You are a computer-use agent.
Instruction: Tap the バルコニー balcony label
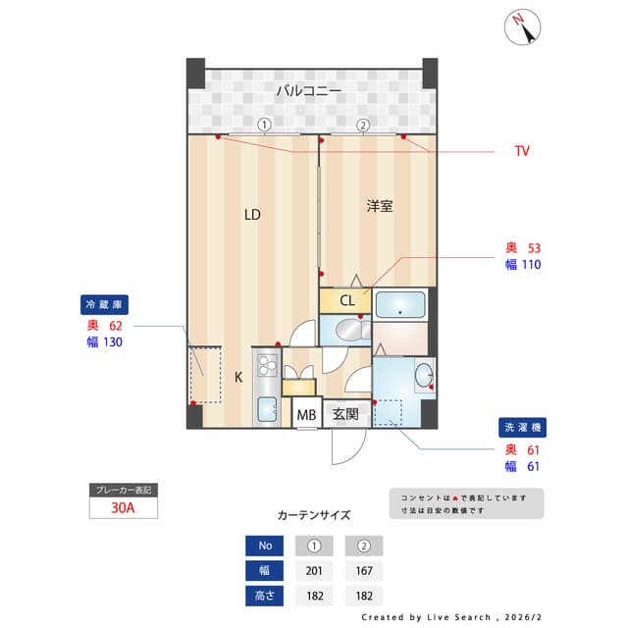308,91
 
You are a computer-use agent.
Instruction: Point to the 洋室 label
380,206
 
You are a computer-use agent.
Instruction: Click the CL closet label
347,300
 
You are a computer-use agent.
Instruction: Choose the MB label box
307,415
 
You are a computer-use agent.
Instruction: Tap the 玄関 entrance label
344,415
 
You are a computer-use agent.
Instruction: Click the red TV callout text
522,151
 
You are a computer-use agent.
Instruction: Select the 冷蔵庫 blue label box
107,304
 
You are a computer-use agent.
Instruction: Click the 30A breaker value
123,508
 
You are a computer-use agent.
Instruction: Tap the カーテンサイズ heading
313,514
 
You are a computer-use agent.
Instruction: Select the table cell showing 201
313,571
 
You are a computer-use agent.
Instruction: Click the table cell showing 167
363,571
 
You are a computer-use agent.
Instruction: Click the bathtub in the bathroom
400,305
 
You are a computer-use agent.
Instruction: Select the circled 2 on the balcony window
362,125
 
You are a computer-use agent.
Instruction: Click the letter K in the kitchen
237,376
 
